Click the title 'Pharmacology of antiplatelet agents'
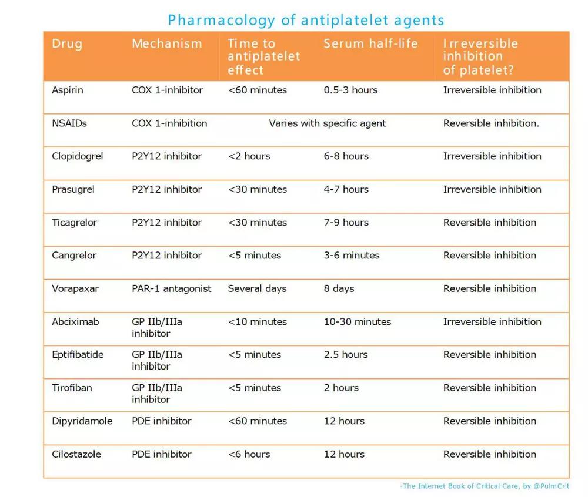(306, 20)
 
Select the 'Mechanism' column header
(166, 43)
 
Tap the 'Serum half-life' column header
(370, 43)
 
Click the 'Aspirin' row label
(68, 90)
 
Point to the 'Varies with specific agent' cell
(328, 123)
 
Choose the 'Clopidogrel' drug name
(78, 156)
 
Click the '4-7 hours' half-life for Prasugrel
(346, 189)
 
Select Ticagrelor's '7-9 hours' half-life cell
(346, 223)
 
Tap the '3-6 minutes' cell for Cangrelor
(352, 256)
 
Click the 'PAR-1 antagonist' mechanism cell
(172, 288)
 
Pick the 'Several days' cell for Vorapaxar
(257, 288)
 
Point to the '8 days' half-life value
(339, 288)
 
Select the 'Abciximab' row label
(75, 322)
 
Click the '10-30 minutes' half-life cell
(358, 322)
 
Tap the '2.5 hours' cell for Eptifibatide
(346, 355)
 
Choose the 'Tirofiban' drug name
(72, 388)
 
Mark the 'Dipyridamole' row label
(82, 421)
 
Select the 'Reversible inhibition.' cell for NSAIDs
(491, 123)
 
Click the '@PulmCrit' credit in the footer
(552, 486)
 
